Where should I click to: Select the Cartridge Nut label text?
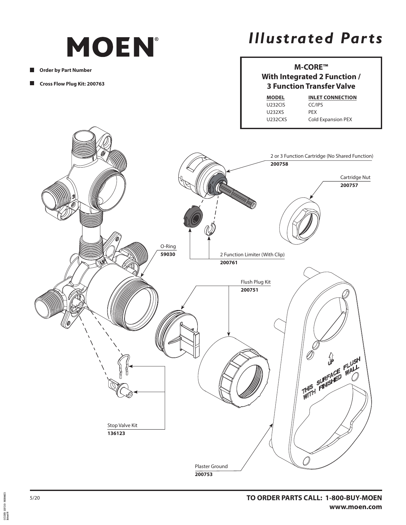click(355, 177)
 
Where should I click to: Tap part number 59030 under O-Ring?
click(167, 254)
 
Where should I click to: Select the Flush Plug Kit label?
click(255, 282)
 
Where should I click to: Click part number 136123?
click(116, 433)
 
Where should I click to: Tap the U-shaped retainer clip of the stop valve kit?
click(123, 366)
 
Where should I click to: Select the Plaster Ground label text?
click(211, 466)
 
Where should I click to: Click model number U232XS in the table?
click(275, 112)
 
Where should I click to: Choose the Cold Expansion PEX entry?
click(330, 120)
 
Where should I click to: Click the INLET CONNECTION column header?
click(332, 98)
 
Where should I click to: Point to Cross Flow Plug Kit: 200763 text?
click(72, 84)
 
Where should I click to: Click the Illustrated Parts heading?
click(315, 38)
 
